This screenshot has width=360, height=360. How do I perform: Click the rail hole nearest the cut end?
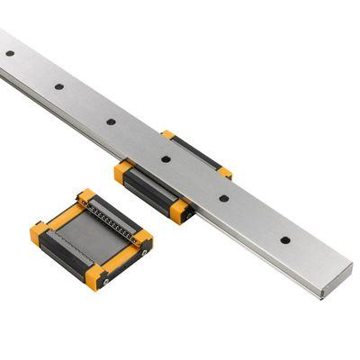[x=285, y=240]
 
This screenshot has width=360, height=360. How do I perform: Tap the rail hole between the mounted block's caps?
[x=166, y=159]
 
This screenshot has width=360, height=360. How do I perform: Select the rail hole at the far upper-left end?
[x=10, y=53]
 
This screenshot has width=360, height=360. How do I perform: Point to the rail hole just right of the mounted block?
[x=224, y=198]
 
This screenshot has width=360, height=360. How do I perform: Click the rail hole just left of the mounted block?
[x=111, y=121]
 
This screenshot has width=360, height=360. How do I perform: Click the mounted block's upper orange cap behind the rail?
[x=168, y=135]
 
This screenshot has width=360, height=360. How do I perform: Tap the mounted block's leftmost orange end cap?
[x=121, y=171]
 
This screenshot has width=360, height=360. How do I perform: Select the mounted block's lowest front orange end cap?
[x=180, y=212]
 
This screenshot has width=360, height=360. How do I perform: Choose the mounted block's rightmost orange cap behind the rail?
[x=225, y=173]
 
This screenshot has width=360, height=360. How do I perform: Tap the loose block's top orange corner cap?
[x=85, y=195]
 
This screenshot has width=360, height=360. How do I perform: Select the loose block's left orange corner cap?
[x=38, y=235]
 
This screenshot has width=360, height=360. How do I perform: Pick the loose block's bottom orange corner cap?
[x=97, y=274]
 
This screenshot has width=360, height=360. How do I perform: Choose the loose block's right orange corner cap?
[x=142, y=238]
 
